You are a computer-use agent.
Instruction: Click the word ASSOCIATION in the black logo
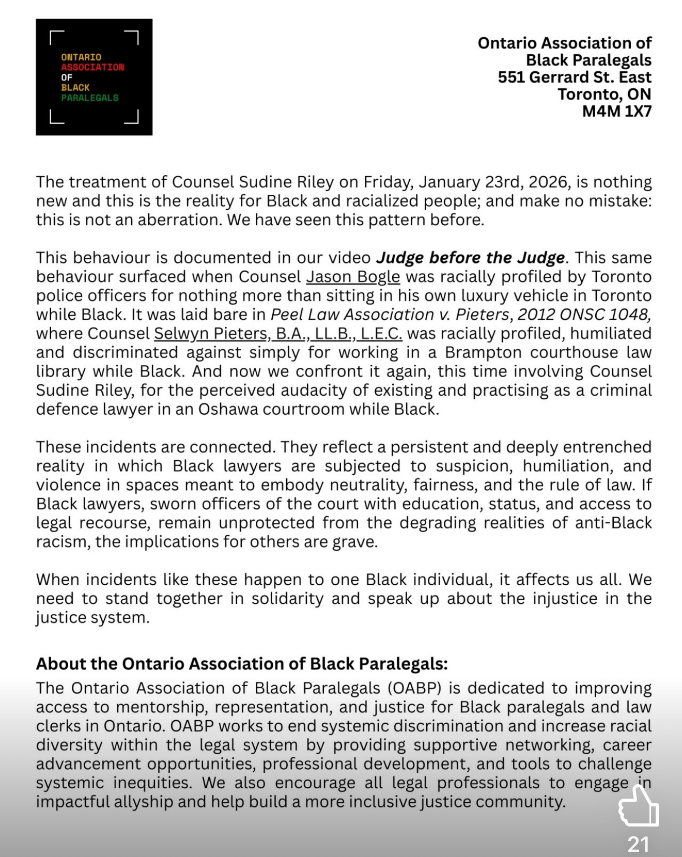click(92, 67)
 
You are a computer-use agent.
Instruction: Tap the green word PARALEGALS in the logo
click(90, 98)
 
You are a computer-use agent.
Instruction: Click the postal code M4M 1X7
click(616, 111)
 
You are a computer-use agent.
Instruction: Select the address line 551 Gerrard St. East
click(574, 77)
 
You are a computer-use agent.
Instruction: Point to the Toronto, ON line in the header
click(604, 94)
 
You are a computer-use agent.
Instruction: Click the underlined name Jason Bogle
click(353, 277)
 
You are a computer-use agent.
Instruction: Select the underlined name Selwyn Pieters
click(212, 334)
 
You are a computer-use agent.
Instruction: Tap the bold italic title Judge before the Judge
click(470, 258)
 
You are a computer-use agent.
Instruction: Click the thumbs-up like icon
click(638, 806)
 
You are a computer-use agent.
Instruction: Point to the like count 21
click(638, 844)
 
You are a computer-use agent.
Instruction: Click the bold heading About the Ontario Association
click(242, 664)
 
